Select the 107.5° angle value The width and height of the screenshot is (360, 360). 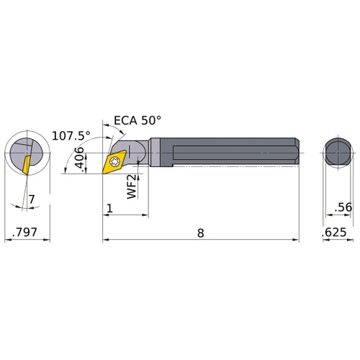(x=71, y=135)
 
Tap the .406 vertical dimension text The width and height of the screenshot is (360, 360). (x=81, y=160)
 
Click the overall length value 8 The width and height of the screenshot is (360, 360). (x=200, y=232)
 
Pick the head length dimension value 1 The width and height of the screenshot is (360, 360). (x=109, y=209)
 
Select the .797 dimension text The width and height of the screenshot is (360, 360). (x=26, y=233)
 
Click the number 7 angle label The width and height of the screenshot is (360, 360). (x=31, y=199)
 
